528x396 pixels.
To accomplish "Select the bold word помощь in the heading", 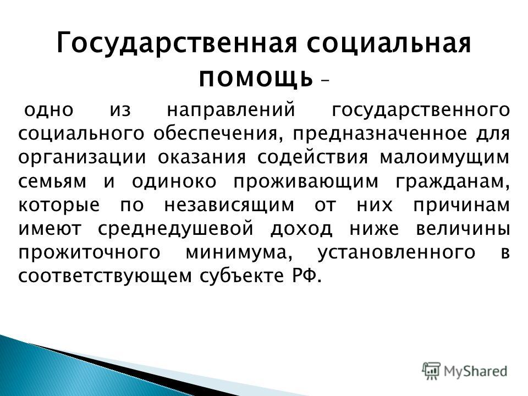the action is pyautogui.click(x=256, y=79).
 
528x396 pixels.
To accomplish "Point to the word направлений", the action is pyautogui.click(x=231, y=110).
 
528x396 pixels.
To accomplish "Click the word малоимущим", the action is pyautogui.click(x=444, y=158).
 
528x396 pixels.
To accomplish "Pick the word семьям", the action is pyautogui.click(x=53, y=182).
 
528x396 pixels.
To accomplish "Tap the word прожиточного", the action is pyautogui.click(x=89, y=253).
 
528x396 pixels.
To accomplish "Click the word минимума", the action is pyautogui.click(x=239, y=253).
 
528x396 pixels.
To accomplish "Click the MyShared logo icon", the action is pyautogui.click(x=431, y=371).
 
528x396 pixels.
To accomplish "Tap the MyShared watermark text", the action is pyautogui.click(x=475, y=371).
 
